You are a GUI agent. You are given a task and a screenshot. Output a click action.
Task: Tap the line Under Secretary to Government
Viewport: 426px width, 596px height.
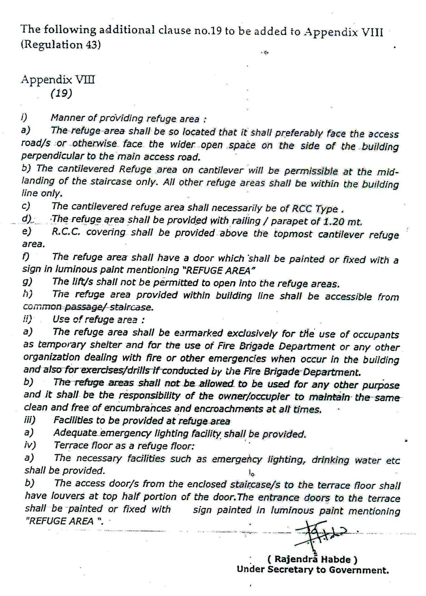(x=312, y=570)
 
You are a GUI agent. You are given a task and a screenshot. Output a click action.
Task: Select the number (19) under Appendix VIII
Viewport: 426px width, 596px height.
(x=61, y=93)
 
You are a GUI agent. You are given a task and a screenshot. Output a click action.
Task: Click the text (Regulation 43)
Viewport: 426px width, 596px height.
(x=60, y=45)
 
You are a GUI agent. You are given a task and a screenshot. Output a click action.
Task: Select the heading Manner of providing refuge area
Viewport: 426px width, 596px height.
(x=129, y=119)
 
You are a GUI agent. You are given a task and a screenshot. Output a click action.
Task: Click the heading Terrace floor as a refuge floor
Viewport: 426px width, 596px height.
(x=124, y=446)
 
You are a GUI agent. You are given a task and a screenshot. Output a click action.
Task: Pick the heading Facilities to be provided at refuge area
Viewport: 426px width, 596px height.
(x=141, y=421)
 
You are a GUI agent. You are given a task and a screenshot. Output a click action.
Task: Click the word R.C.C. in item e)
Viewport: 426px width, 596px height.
(x=65, y=233)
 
